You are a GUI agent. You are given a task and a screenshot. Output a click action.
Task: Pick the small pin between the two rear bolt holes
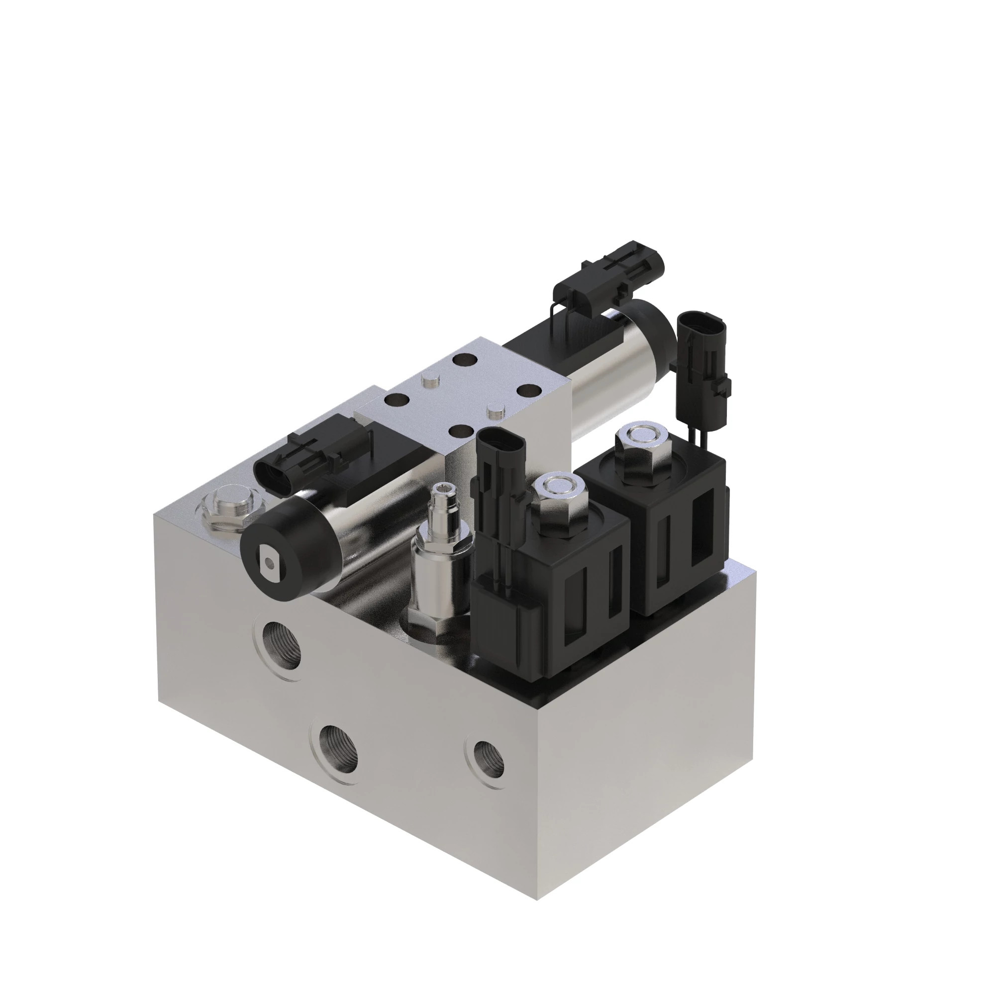click(x=429, y=381)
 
